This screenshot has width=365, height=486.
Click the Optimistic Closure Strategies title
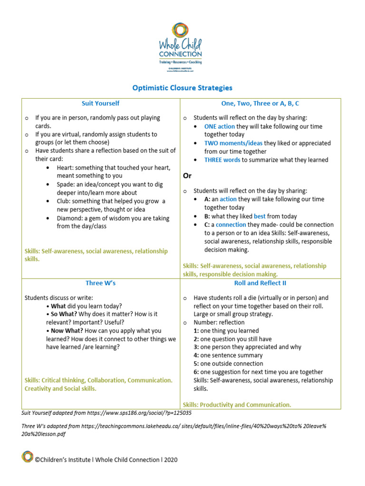(x=182, y=88)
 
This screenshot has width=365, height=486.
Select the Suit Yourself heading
(x=100, y=103)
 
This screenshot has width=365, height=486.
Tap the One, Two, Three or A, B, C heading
(x=260, y=103)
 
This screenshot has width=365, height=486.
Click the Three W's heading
(x=100, y=283)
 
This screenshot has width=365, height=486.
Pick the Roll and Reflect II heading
(x=260, y=283)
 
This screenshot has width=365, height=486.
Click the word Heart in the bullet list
(x=65, y=168)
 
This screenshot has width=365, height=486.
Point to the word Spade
(x=66, y=184)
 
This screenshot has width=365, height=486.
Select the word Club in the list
(x=64, y=201)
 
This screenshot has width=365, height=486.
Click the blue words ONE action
(x=219, y=127)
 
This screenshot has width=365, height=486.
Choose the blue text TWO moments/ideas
(x=233, y=143)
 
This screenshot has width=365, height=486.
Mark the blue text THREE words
(x=222, y=160)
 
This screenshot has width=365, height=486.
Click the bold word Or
(x=187, y=176)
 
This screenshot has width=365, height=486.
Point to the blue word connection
(x=231, y=224)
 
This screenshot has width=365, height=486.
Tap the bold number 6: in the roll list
(x=196, y=372)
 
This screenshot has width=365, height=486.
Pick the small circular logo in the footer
(x=28, y=457)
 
